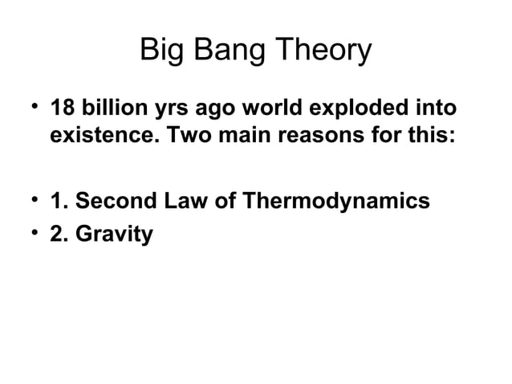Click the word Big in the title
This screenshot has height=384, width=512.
(161, 51)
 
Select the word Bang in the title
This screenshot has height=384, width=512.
(230, 51)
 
